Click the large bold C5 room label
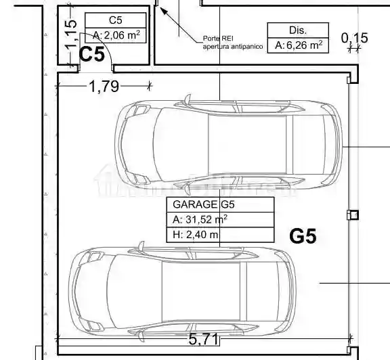(x=92, y=54)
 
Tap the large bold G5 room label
(x=303, y=236)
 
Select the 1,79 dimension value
(x=104, y=87)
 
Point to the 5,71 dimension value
(x=203, y=339)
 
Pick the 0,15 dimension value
(x=354, y=38)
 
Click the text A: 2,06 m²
(x=116, y=35)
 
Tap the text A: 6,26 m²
(x=299, y=45)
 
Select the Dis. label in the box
(x=298, y=30)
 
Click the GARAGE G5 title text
(x=203, y=204)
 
